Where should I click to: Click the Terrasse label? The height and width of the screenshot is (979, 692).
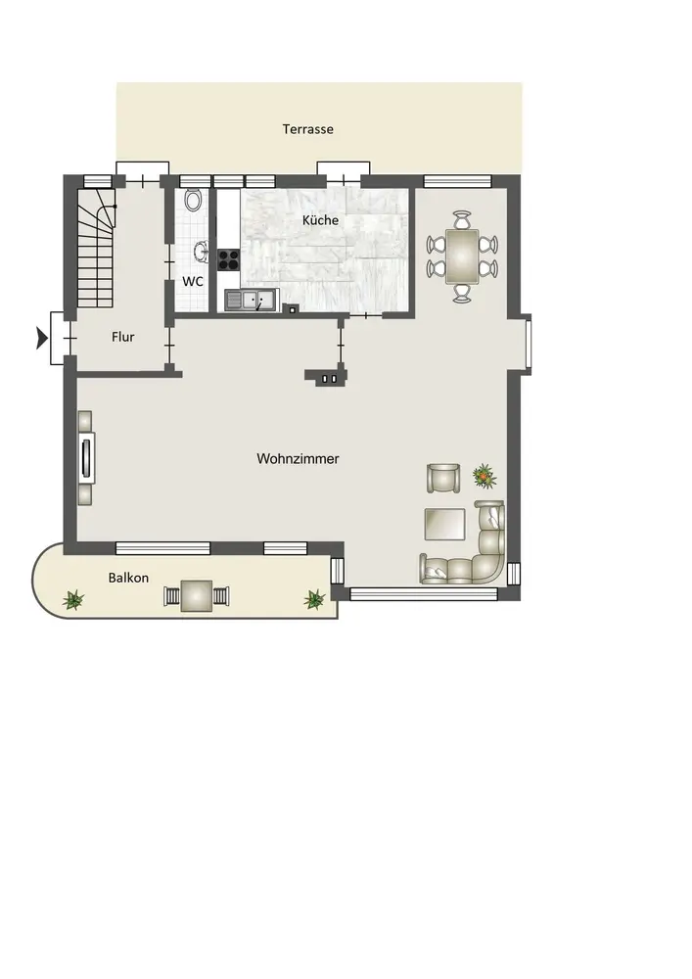click(x=307, y=129)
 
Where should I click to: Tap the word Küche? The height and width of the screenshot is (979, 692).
click(x=321, y=219)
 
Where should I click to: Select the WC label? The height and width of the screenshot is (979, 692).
click(x=193, y=282)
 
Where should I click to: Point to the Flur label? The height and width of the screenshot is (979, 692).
click(x=123, y=337)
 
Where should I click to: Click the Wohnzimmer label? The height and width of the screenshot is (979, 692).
click(x=298, y=459)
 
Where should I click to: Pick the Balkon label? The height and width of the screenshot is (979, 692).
click(x=128, y=579)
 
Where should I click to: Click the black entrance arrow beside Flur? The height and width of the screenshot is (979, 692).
click(x=42, y=339)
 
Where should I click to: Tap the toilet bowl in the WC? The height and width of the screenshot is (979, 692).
click(x=194, y=200)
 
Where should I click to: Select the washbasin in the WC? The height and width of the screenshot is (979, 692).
click(x=201, y=251)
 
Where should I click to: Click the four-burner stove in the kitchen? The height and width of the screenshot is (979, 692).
click(x=228, y=259)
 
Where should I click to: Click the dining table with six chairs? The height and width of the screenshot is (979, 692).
click(x=462, y=256)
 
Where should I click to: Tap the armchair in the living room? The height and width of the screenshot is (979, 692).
click(x=443, y=479)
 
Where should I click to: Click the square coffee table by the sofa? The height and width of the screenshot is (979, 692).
click(x=445, y=524)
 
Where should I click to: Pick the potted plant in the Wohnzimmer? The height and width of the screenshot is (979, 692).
click(x=484, y=477)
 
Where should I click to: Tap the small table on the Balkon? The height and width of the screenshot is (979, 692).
click(x=196, y=596)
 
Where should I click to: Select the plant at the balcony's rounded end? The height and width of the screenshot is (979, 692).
click(x=73, y=600)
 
